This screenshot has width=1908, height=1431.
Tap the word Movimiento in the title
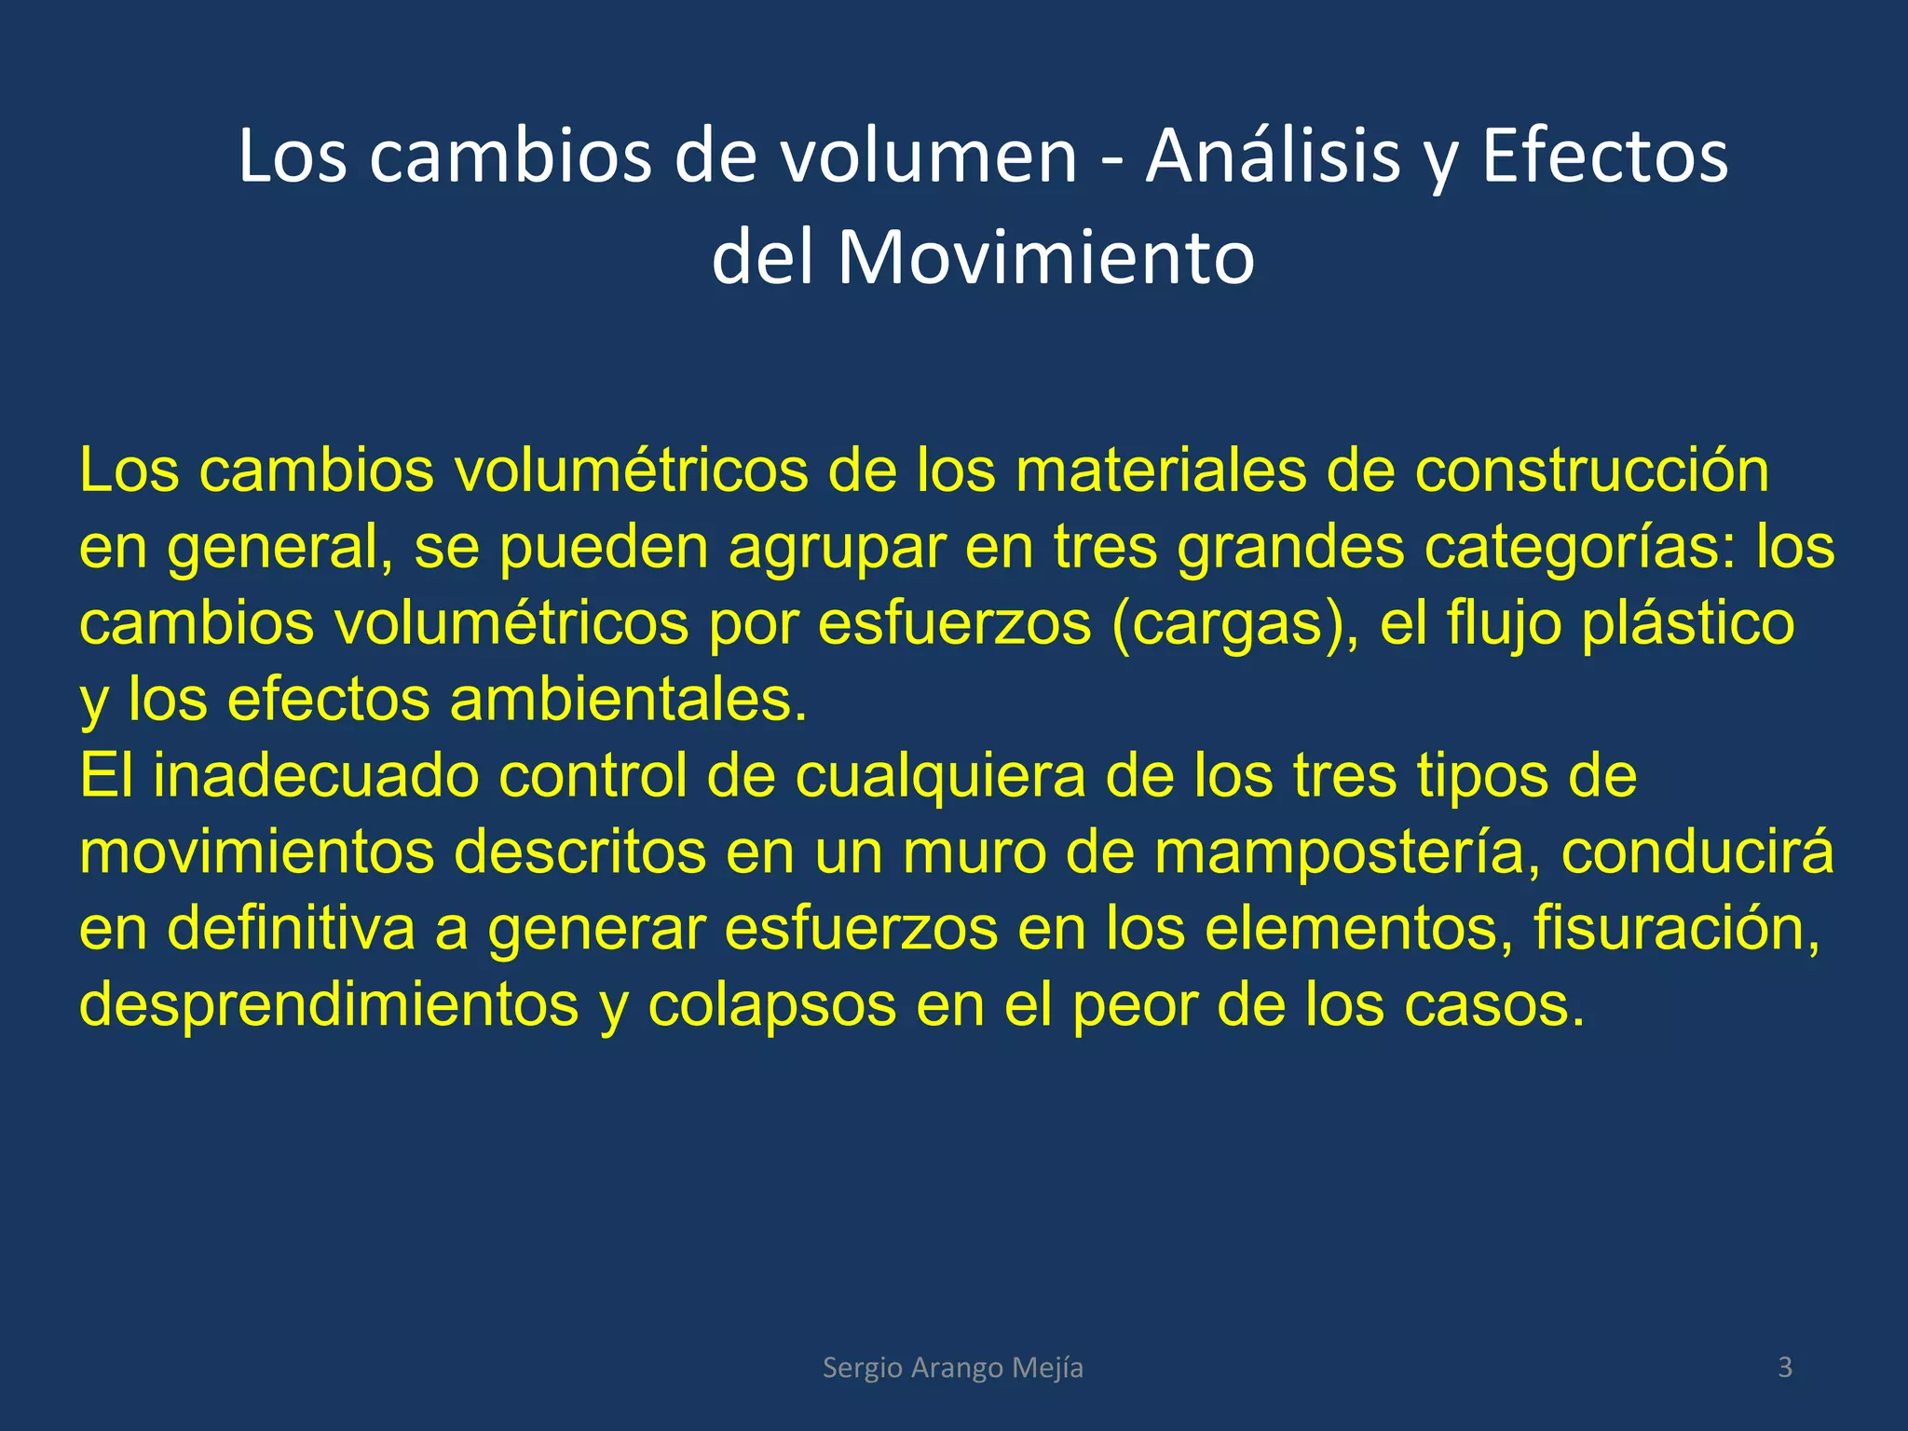pyautogui.click(x=1046, y=258)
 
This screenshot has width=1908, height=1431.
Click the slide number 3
pyautogui.click(x=1785, y=1367)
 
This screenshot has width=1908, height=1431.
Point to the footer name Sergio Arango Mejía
pyautogui.click(x=953, y=1368)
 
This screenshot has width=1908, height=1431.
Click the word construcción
pyautogui.click(x=1591, y=470)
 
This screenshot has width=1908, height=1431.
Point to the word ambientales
pyautogui.click(x=629, y=700)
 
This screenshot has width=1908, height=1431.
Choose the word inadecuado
pyautogui.click(x=316, y=776)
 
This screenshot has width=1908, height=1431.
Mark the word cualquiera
pyautogui.click(x=940, y=776)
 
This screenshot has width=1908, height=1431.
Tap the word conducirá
pyautogui.click(x=1697, y=852)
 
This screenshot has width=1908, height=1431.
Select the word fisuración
pyautogui.click(x=1676, y=929)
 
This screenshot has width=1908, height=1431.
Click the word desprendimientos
pyautogui.click(x=329, y=1005)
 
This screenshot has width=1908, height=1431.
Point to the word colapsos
pyautogui.click(x=771, y=1005)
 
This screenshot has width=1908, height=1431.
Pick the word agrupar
pyautogui.click(x=837, y=549)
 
